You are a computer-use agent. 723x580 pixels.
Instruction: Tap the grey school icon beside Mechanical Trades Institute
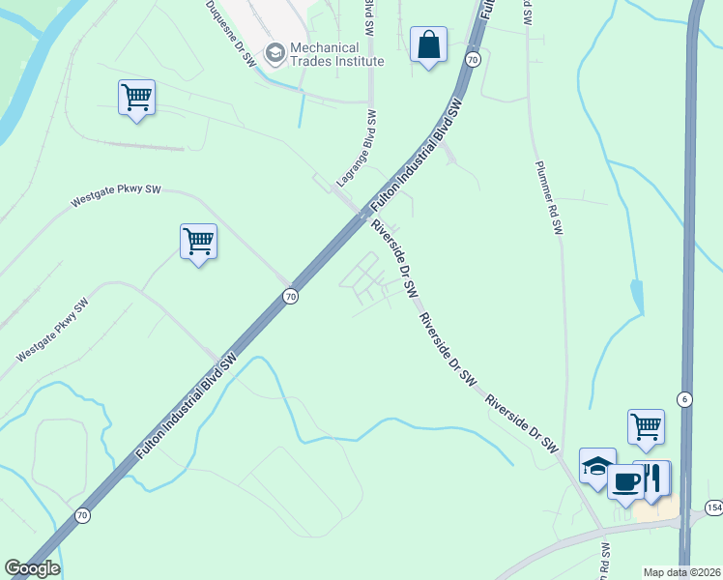[275, 53]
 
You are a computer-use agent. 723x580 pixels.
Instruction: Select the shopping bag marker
[427, 44]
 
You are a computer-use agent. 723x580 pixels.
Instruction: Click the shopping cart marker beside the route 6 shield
[646, 426]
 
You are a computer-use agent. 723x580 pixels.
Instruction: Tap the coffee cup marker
[625, 481]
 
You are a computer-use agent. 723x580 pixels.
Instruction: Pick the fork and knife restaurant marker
[654, 478]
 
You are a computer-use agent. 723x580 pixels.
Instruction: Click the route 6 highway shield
[684, 398]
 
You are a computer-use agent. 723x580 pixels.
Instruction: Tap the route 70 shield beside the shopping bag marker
[472, 60]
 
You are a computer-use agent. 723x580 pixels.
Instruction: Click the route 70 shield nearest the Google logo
[82, 515]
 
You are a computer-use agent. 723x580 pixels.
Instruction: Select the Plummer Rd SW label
[548, 197]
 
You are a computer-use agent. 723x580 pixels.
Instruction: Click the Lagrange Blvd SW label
[357, 148]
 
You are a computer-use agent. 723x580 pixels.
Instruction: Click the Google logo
[32, 568]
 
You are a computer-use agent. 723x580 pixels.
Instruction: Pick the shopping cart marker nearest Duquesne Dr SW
[136, 97]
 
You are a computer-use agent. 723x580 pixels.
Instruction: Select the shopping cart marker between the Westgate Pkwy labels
[198, 242]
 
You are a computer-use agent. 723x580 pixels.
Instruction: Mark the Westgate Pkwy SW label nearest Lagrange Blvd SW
[116, 196]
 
